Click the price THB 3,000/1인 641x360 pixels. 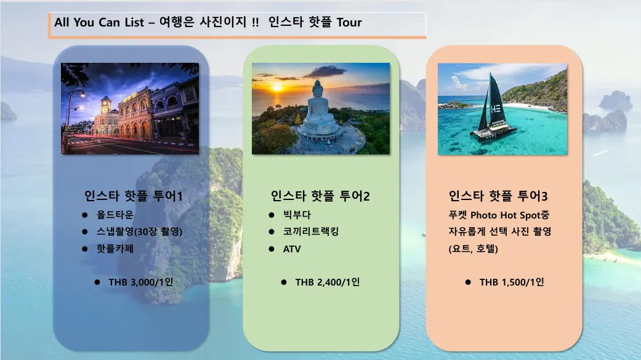click(140, 282)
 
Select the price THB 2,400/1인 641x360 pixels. click(328, 282)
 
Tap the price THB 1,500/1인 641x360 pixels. click(512, 282)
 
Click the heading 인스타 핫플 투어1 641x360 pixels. click(133, 196)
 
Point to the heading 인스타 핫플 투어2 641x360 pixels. click(320, 196)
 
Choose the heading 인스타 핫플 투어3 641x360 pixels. click(498, 196)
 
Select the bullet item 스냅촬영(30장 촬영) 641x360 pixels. click(139, 231)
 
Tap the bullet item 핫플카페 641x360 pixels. click(115, 249)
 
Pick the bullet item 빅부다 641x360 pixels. click(297, 215)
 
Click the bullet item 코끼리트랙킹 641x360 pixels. click(311, 231)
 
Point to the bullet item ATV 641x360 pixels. click(292, 249)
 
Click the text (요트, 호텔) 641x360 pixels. click(473, 249)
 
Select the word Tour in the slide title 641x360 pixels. click(349, 22)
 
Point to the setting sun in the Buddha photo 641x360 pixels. click(276, 87)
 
